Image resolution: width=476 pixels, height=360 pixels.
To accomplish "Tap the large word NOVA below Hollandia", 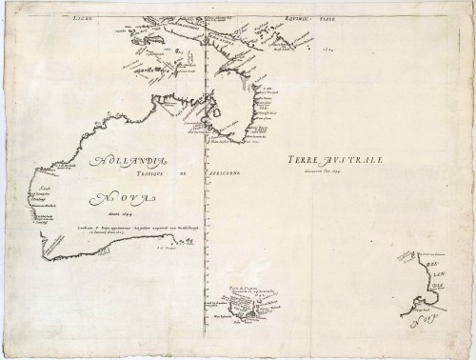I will coord(123,199).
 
